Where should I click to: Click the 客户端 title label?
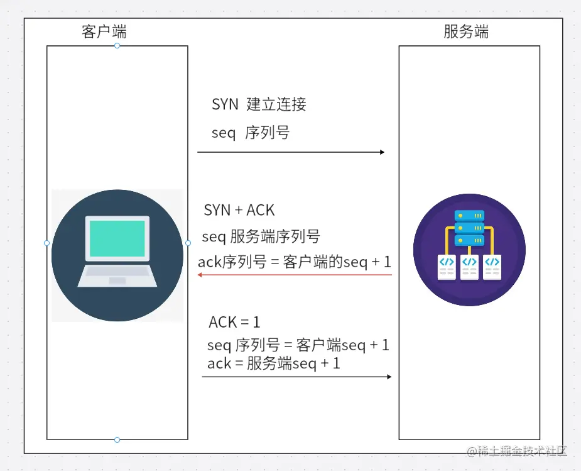(x=104, y=31)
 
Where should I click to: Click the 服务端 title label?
(x=465, y=31)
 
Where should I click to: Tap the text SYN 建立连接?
(x=259, y=104)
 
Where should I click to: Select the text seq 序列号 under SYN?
(x=250, y=133)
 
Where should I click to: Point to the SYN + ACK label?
(x=239, y=210)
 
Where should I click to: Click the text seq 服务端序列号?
(x=261, y=236)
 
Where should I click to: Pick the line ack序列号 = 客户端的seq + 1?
(x=294, y=262)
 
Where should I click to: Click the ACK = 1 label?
(x=234, y=323)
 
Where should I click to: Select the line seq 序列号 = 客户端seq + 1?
(x=298, y=345)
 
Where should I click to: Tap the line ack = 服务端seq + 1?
(x=273, y=363)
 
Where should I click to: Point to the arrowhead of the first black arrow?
(x=381, y=152)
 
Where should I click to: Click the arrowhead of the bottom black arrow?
(x=388, y=377)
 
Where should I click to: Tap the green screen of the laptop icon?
(x=117, y=238)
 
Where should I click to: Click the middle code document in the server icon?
(x=469, y=267)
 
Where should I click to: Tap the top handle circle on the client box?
(x=117, y=46)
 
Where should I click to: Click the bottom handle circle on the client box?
(x=117, y=440)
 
